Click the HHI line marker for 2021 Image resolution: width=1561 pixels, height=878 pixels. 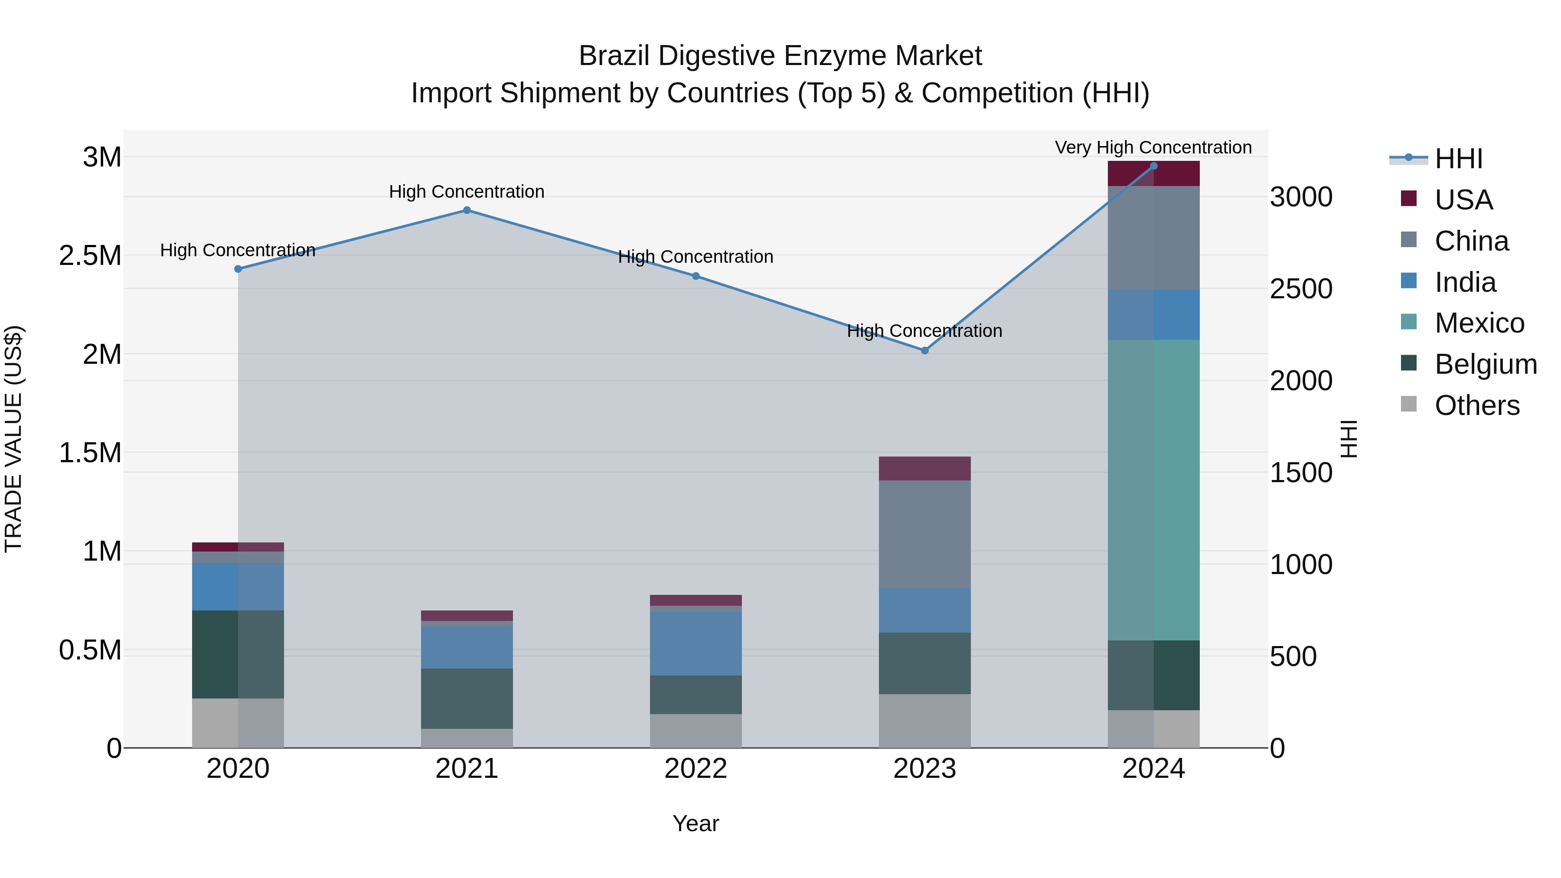click(x=467, y=210)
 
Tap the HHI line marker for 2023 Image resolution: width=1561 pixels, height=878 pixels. click(x=925, y=350)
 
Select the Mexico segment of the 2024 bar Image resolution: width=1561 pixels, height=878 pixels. click(x=1153, y=490)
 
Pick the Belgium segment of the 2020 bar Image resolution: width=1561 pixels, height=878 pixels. click(x=238, y=654)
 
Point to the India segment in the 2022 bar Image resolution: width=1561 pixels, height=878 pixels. click(x=696, y=643)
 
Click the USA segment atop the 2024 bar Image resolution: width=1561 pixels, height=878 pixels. click(x=1153, y=173)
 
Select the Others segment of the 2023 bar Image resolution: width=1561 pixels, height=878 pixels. click(x=925, y=721)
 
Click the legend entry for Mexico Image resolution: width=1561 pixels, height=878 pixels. click(x=1479, y=323)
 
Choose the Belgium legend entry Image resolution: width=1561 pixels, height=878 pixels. click(x=1485, y=364)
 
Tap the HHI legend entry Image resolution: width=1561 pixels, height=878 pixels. click(x=1458, y=159)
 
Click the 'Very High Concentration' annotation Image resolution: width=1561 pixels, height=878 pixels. click(x=1153, y=147)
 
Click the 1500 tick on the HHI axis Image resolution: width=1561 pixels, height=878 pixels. click(x=1300, y=473)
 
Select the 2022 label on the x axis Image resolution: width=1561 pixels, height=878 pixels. click(x=696, y=769)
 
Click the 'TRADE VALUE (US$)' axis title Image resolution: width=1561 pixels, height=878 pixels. click(x=13, y=439)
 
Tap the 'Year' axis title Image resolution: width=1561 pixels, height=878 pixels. click(x=696, y=823)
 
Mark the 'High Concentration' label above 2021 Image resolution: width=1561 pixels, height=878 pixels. click(x=467, y=192)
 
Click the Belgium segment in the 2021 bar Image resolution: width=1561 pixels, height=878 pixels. click(x=467, y=698)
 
